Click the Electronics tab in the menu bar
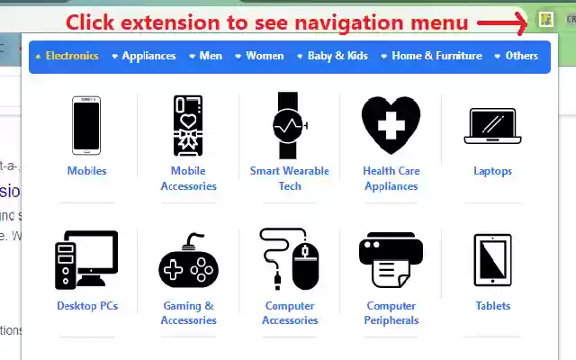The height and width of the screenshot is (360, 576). pyautogui.click(x=71, y=56)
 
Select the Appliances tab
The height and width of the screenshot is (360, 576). pyautogui.click(x=148, y=56)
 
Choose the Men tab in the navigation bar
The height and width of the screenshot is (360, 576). pyautogui.click(x=211, y=56)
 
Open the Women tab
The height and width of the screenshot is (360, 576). pyautogui.click(x=265, y=56)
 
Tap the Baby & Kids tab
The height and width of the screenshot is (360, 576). pyautogui.click(x=337, y=56)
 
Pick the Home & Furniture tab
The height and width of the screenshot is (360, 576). pyautogui.click(x=436, y=56)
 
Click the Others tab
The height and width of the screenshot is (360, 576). pyautogui.click(x=521, y=56)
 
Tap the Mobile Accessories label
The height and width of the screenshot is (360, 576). pyautogui.click(x=188, y=178)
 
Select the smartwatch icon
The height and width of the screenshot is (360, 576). pyautogui.click(x=290, y=124)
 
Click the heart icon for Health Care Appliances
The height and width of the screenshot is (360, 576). pyautogui.click(x=391, y=124)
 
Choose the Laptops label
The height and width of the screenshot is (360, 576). pyautogui.click(x=492, y=171)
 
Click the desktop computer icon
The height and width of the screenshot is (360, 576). pyautogui.click(x=86, y=260)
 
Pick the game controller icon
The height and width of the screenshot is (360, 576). pyautogui.click(x=188, y=262)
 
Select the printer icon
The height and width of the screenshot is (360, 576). pyautogui.click(x=391, y=260)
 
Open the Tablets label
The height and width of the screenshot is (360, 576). pyautogui.click(x=492, y=306)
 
